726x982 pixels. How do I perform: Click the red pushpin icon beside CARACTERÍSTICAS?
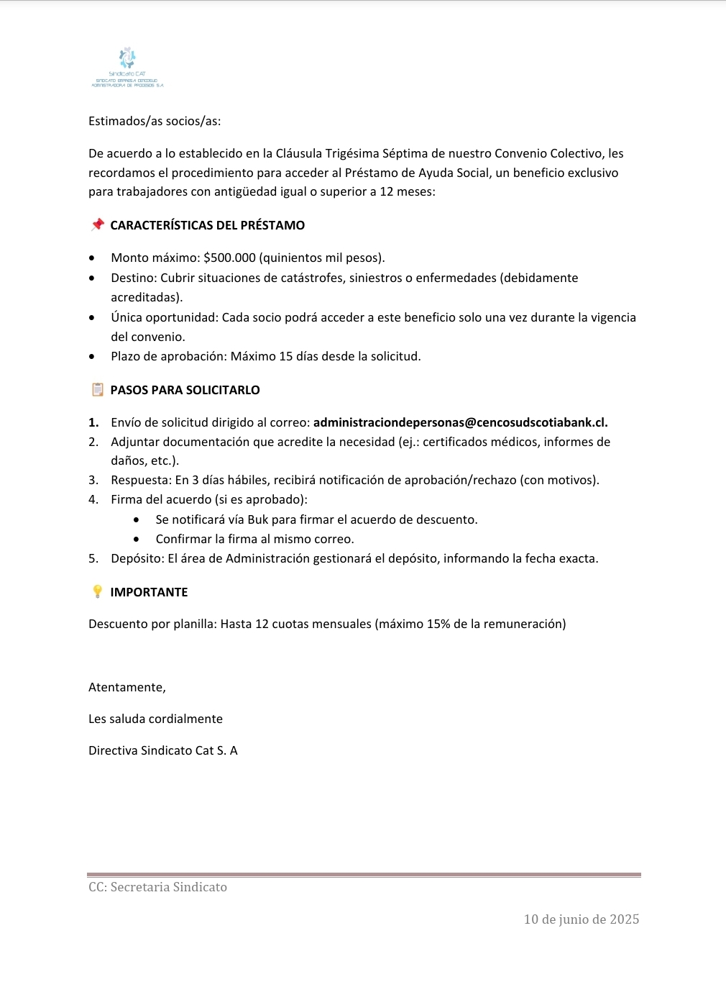(98, 224)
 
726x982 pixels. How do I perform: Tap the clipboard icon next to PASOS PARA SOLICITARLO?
(98, 389)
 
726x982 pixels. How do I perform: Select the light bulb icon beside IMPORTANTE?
(98, 591)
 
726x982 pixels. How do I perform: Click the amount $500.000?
(229, 258)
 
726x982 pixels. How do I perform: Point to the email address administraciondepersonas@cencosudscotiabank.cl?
(460, 422)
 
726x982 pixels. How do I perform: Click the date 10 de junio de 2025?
(581, 919)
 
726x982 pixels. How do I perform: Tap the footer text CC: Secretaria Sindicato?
(157, 887)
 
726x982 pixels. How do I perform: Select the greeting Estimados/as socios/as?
(155, 121)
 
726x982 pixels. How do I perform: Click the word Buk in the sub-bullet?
(257, 519)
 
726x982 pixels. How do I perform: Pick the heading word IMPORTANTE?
(149, 592)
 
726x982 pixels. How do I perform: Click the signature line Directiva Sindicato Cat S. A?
(162, 750)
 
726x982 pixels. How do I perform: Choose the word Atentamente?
(127, 687)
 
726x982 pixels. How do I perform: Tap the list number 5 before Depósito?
(93, 558)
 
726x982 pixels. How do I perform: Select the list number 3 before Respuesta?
(93, 480)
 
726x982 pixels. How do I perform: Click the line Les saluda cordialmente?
(155, 719)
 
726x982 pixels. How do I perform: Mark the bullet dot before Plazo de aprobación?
(91, 356)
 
